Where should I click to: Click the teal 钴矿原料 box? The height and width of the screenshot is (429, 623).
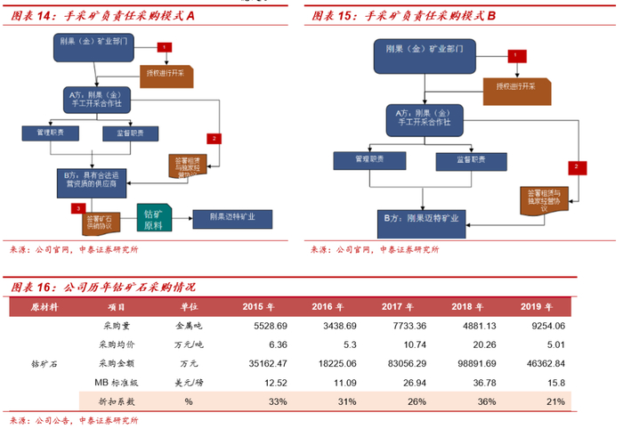click(154, 218)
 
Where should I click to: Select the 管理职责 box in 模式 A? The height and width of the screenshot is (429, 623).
click(50, 133)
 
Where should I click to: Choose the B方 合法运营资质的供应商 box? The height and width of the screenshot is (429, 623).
click(93, 180)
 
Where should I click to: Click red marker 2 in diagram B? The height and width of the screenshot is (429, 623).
click(577, 166)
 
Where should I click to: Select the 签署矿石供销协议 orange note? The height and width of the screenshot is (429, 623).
click(95, 220)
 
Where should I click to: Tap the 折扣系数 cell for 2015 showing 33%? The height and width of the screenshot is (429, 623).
click(277, 401)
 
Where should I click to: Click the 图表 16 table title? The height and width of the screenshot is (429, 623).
click(102, 287)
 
